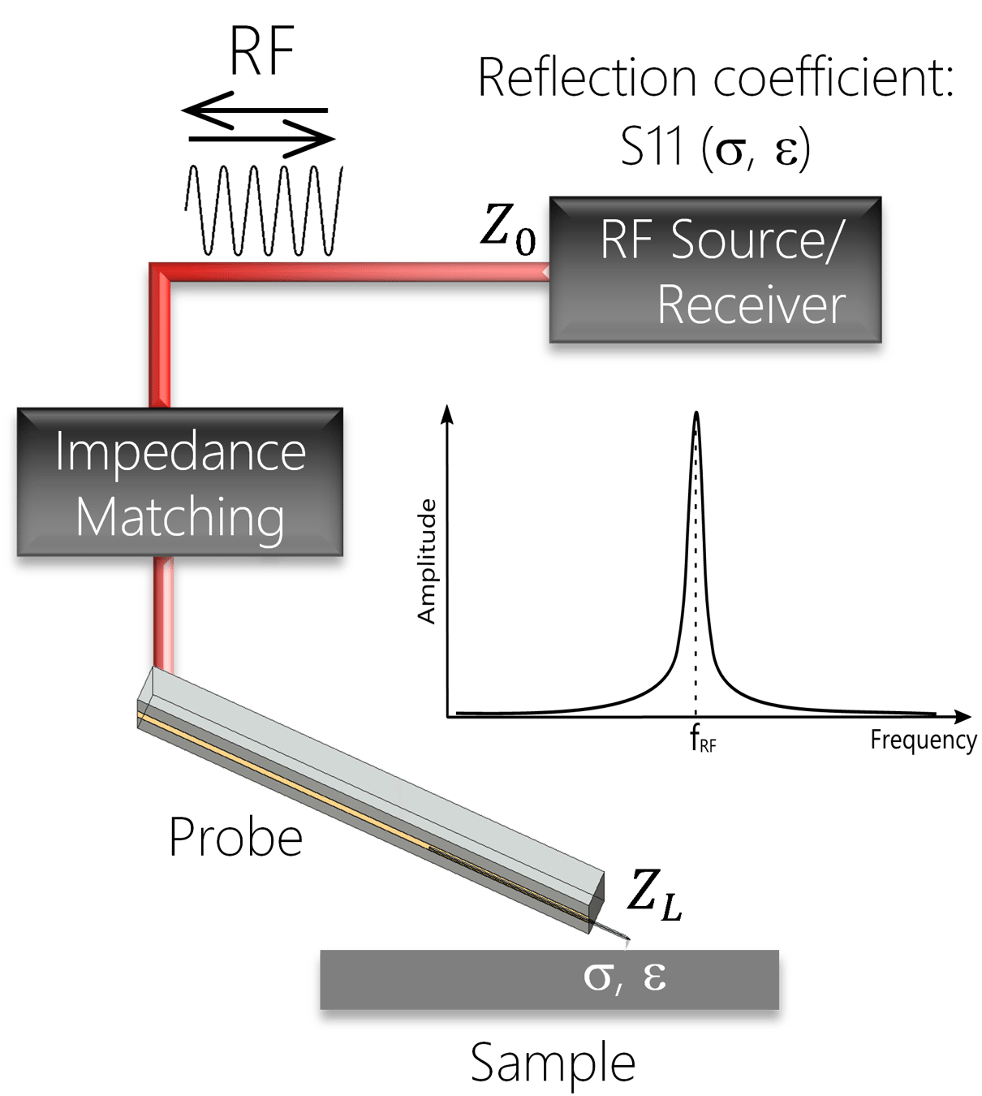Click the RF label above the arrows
[x=261, y=52]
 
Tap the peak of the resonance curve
[x=696, y=414]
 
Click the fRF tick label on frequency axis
[x=703, y=740]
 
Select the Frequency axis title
[x=923, y=740]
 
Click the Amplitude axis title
[x=427, y=561]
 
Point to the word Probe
[x=235, y=838]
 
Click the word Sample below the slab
[x=553, y=1063]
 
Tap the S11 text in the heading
[x=653, y=148]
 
